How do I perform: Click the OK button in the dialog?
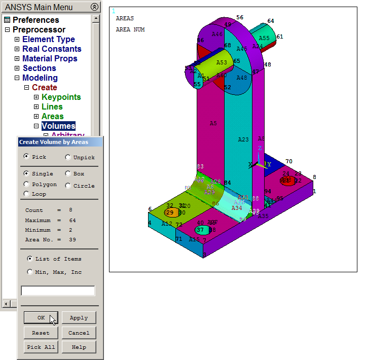click(x=41, y=318)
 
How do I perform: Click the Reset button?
click(x=41, y=333)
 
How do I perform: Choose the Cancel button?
click(x=79, y=333)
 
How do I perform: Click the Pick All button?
click(x=41, y=347)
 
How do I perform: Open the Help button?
click(x=79, y=347)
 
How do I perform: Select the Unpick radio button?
click(x=68, y=157)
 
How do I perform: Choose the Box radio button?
click(x=68, y=173)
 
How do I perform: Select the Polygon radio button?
click(x=26, y=185)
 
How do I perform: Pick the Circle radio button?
click(x=68, y=186)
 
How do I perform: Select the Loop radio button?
click(x=26, y=194)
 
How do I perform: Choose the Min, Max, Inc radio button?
click(x=30, y=272)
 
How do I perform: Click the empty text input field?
click(x=58, y=291)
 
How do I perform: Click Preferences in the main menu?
click(x=35, y=20)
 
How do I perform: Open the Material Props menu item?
click(x=50, y=58)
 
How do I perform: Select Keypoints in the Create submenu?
click(x=61, y=97)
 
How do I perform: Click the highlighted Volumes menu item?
click(x=58, y=126)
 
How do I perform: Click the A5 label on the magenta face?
click(x=213, y=123)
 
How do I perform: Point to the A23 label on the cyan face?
click(x=243, y=139)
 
